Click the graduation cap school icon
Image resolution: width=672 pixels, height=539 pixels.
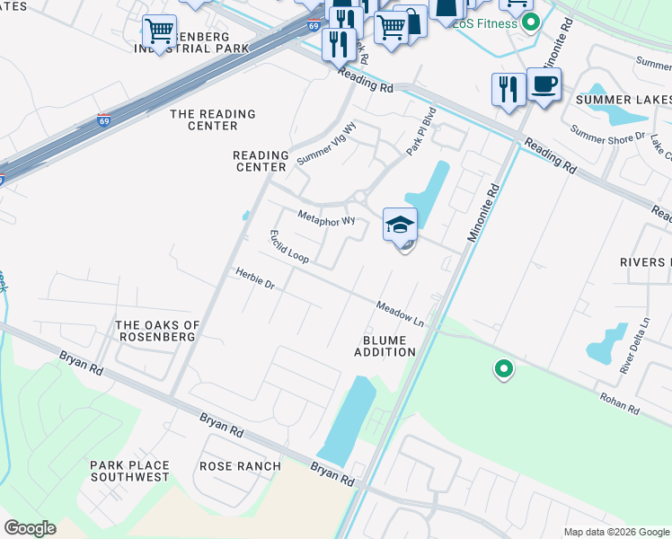[x=400, y=225]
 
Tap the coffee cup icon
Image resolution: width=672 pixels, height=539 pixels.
[x=544, y=85]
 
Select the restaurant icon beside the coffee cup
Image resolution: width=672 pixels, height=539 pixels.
[x=508, y=89]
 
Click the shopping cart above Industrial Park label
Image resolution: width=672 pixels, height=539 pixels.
[x=159, y=32]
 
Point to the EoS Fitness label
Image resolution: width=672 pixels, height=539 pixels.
[x=485, y=23]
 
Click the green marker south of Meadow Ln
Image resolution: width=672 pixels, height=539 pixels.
[x=504, y=368]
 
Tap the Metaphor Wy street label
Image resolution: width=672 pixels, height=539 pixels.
[x=327, y=218]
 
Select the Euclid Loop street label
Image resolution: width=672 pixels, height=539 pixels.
[x=289, y=247]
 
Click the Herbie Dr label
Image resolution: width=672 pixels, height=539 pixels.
[x=254, y=279]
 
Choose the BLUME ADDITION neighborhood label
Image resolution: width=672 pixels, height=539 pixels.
[x=389, y=347]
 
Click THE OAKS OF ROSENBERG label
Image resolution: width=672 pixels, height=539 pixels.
[x=157, y=331]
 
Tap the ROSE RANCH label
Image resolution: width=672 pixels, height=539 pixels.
[x=240, y=466]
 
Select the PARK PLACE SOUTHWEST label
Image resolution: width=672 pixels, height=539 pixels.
[x=128, y=471]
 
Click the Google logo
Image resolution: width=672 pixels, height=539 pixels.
[x=31, y=527]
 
